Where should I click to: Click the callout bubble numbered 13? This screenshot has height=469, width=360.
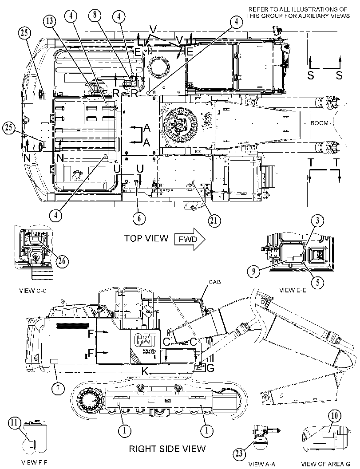(x=50, y=21)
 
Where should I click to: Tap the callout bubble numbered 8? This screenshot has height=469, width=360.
(x=95, y=15)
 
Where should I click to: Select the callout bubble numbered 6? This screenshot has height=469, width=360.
(x=139, y=218)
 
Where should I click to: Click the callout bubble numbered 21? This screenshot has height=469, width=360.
(x=214, y=221)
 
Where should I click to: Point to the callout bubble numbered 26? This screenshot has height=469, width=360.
(x=62, y=261)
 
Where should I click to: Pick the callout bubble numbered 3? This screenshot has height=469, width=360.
(x=317, y=221)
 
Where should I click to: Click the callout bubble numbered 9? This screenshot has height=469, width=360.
(x=254, y=271)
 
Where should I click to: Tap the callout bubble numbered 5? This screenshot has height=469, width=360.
(x=317, y=281)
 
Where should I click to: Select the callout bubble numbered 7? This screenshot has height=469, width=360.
(x=58, y=388)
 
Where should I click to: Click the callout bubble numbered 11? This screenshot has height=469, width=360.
(x=14, y=423)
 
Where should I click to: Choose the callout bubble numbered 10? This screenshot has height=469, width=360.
(x=334, y=416)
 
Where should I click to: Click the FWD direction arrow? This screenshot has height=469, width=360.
(x=190, y=239)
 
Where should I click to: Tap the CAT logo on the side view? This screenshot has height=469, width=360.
(x=145, y=339)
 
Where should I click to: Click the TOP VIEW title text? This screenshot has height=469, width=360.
(x=146, y=238)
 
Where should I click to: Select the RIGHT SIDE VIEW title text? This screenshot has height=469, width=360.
(x=167, y=449)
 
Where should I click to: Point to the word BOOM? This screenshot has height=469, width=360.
(x=319, y=123)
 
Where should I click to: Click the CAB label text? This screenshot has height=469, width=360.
(x=215, y=282)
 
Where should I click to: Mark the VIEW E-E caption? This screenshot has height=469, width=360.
(x=293, y=290)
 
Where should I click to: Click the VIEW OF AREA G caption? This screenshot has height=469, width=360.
(x=326, y=464)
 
